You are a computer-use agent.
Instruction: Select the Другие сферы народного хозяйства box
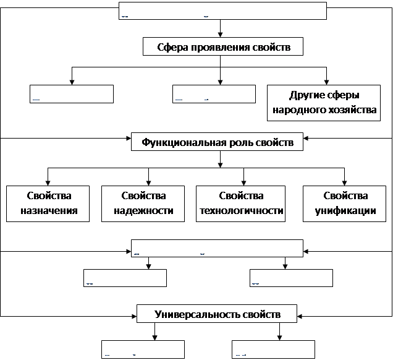pyautogui.click(x=324, y=103)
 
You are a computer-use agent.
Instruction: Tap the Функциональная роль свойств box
pyautogui.click(x=217, y=142)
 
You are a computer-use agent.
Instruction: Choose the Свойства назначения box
pyautogui.click(x=49, y=203)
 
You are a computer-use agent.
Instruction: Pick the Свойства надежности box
pyautogui.click(x=144, y=203)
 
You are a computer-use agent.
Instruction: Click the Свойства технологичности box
pyautogui.click(x=240, y=203)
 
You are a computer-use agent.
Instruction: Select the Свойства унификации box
pyautogui.click(x=345, y=203)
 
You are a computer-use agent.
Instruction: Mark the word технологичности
pyautogui.click(x=241, y=210)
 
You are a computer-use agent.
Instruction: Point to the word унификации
pyautogui.click(x=345, y=210)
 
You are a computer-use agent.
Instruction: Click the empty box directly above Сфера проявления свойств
pyautogui.click(x=222, y=11)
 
